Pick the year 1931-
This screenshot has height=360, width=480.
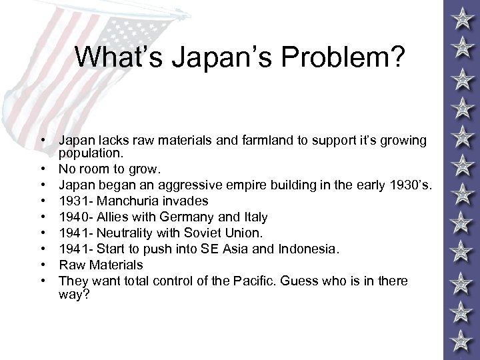coord(75,201)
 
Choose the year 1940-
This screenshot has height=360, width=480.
coord(75,217)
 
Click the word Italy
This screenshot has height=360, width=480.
coord(254,217)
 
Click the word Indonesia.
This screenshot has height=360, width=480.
coord(310,249)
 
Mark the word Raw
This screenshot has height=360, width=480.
coord(71,265)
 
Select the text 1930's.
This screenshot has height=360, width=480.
coord(410,185)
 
